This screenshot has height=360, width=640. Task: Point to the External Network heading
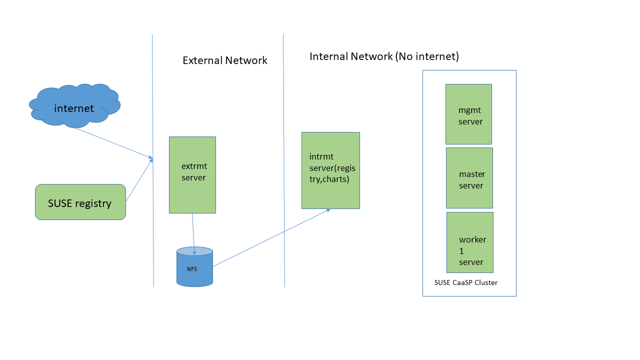(x=224, y=60)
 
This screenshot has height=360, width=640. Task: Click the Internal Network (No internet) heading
(x=384, y=56)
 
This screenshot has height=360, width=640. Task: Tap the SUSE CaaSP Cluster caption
(x=466, y=282)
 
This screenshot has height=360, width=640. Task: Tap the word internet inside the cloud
(x=74, y=108)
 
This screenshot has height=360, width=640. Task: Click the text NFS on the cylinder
(x=192, y=269)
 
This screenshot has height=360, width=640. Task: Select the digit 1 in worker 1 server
(x=461, y=251)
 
